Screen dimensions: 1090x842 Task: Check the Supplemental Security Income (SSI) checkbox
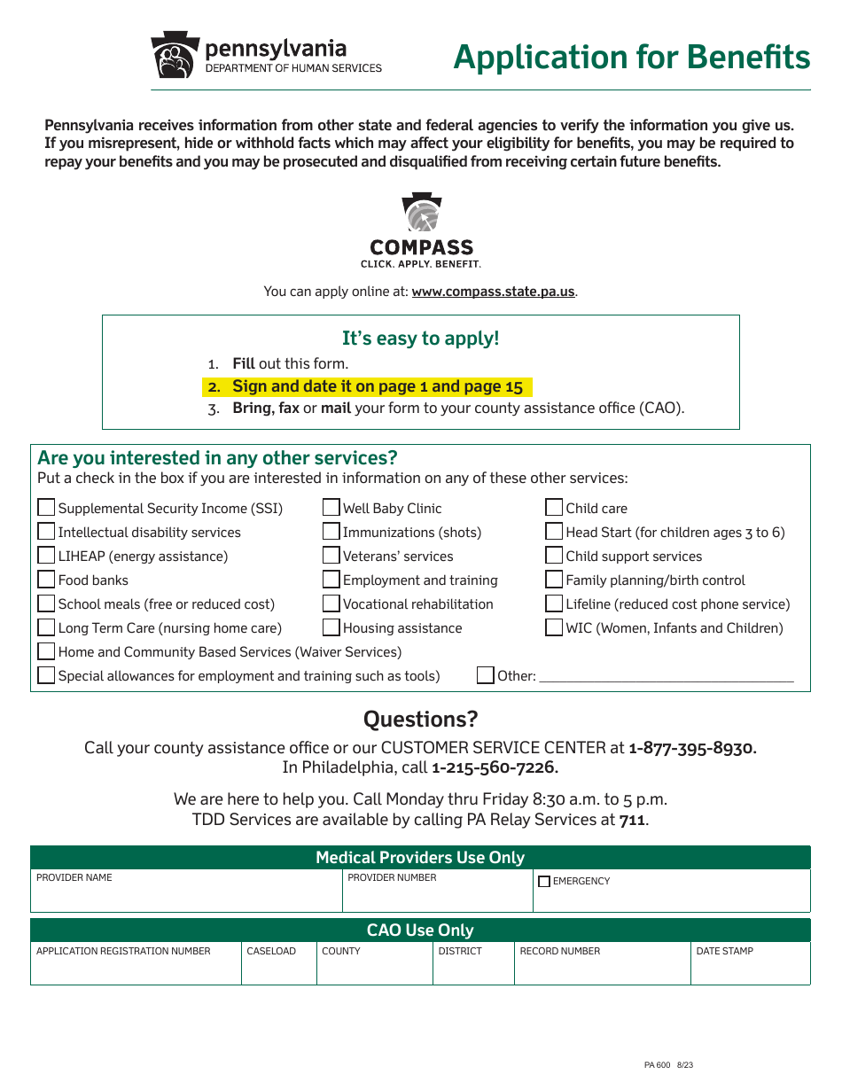(x=46, y=508)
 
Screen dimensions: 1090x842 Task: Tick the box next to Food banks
(x=46, y=580)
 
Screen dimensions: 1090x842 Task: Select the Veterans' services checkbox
(x=331, y=556)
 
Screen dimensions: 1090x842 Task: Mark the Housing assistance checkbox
(x=331, y=627)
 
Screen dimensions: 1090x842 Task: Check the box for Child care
(x=554, y=508)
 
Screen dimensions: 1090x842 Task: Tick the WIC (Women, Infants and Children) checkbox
(x=554, y=627)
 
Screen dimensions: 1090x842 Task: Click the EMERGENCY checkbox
(x=544, y=882)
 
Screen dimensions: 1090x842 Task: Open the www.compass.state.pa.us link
(x=494, y=292)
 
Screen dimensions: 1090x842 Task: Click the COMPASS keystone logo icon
(x=422, y=214)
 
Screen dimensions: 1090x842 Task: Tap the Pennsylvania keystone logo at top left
(x=174, y=56)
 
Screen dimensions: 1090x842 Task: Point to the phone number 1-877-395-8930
(x=692, y=748)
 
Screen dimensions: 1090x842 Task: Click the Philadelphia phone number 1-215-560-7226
(x=495, y=767)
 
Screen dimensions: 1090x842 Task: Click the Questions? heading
(x=421, y=719)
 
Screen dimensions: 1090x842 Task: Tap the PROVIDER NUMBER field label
(x=392, y=877)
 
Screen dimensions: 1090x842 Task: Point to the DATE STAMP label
(x=724, y=951)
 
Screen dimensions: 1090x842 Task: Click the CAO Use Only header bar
(x=420, y=930)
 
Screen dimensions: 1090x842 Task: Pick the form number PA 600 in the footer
(x=657, y=1065)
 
